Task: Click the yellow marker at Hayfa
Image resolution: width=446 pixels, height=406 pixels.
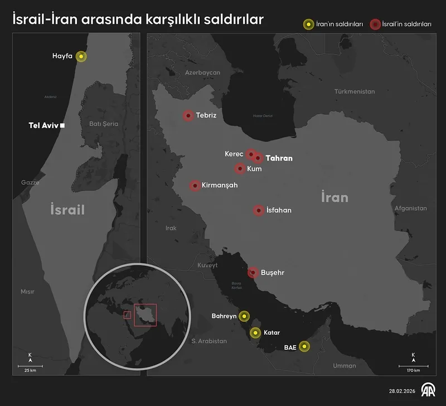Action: click(81, 56)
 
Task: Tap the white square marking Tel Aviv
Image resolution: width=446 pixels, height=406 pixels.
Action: click(63, 126)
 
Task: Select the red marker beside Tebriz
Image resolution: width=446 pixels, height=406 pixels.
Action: click(188, 116)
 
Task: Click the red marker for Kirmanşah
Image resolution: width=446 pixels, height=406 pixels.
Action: click(195, 185)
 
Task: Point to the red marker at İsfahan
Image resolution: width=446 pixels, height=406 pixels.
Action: click(258, 211)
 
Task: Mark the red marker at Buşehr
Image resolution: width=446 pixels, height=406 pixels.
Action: click(253, 272)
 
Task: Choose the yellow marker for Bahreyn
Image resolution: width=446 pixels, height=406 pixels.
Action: click(244, 316)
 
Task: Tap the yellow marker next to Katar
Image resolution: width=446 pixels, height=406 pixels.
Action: click(255, 333)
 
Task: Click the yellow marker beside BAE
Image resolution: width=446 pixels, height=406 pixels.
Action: click(304, 346)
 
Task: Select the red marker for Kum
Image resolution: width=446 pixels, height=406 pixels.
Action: click(240, 168)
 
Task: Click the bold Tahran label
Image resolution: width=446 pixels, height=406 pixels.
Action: click(279, 158)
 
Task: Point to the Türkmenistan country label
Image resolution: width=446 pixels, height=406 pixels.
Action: click(355, 91)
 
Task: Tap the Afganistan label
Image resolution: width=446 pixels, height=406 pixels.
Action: click(410, 208)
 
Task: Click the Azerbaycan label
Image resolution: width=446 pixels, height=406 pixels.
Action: click(203, 72)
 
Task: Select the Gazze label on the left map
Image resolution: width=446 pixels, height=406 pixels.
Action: click(30, 182)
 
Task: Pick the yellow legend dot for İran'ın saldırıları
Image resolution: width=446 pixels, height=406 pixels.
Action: click(307, 25)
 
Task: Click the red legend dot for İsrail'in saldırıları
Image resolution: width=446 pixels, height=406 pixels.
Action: click(375, 25)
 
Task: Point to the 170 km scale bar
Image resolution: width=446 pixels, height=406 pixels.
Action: click(413, 366)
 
